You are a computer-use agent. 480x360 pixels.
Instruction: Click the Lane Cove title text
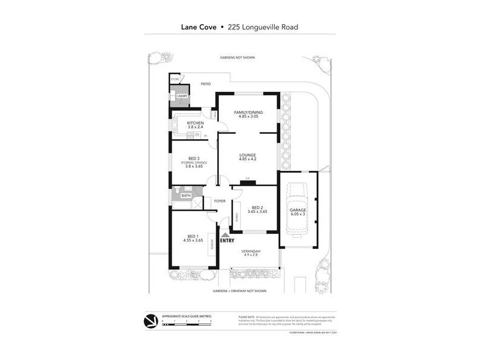[199, 27]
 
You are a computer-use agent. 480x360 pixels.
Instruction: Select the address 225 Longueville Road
[264, 27]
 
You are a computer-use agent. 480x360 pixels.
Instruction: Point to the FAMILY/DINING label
[248, 112]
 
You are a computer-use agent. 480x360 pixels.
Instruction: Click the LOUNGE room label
[247, 155]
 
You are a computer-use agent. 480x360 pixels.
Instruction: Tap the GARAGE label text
[298, 211]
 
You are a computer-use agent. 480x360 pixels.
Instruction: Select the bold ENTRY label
[227, 241]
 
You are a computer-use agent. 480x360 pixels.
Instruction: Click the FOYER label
[220, 200]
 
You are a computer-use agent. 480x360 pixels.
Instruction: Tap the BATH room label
[186, 196]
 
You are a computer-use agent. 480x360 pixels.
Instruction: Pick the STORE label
[175, 79]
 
